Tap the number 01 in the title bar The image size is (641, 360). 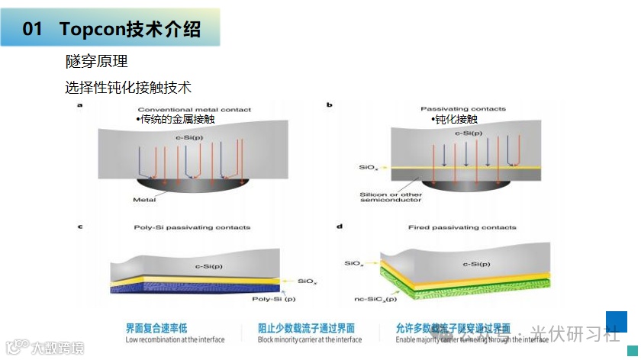click(32, 29)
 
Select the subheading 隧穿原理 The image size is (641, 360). click(96, 61)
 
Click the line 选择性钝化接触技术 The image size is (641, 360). click(127, 88)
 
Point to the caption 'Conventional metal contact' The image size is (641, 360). click(194, 110)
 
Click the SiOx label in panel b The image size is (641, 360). click(367, 166)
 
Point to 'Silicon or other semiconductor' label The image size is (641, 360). click(390, 197)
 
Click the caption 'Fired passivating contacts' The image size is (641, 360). click(472, 227)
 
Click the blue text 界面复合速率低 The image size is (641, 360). click(151, 328)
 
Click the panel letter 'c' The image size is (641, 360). click(80, 227)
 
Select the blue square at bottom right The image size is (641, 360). click(617, 321)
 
